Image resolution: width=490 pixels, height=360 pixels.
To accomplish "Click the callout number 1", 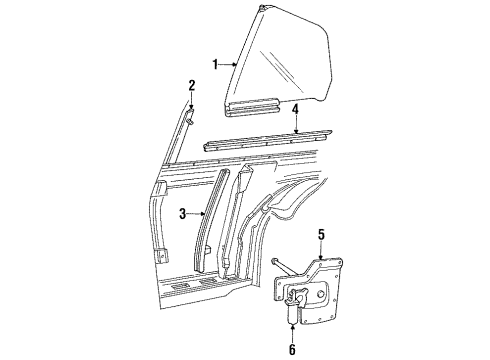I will [214, 65].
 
